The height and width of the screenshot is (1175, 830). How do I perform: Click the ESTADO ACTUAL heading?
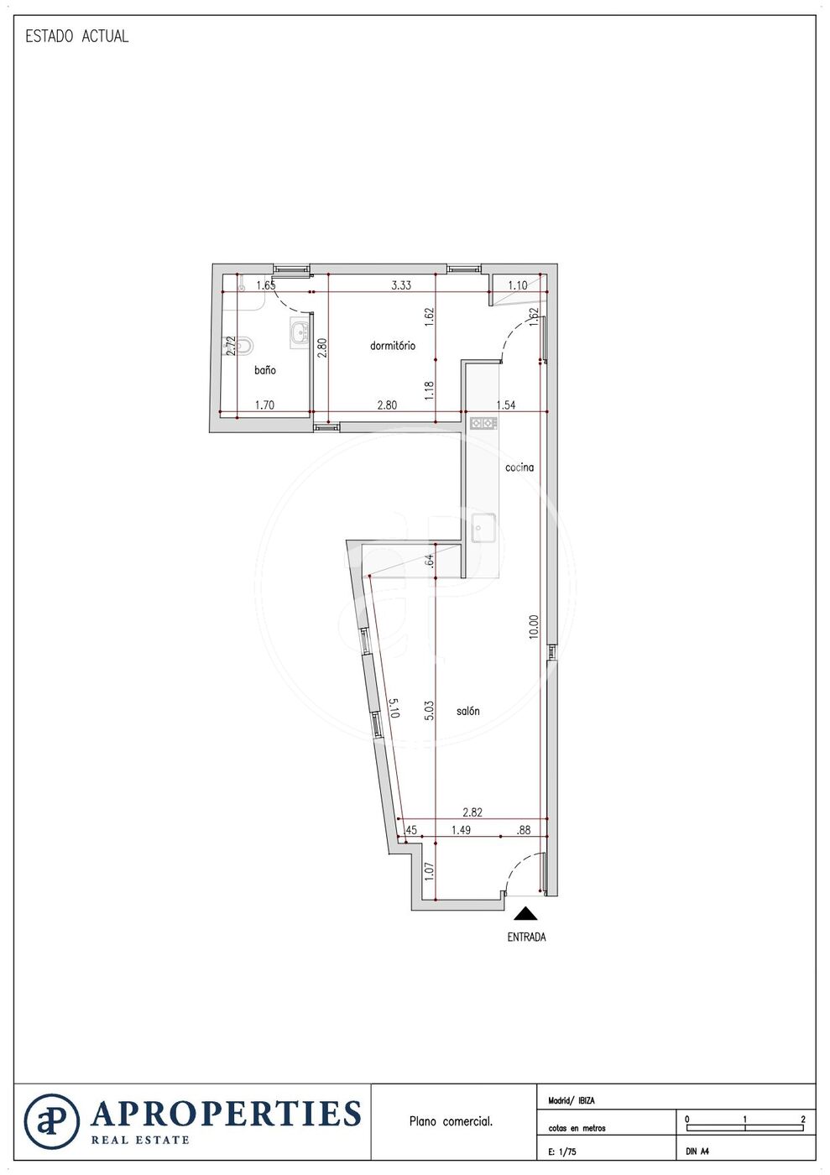77,36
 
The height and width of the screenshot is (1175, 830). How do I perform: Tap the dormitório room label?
393,345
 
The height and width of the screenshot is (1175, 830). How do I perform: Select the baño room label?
265,370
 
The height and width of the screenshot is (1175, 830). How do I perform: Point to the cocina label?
519,467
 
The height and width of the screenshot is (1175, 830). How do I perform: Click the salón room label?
468,711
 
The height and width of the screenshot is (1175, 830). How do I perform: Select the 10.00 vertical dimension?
534,626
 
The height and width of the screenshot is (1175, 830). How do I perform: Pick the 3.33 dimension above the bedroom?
401,285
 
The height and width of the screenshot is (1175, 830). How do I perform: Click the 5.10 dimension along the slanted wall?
394,708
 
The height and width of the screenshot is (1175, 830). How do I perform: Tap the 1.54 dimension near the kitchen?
506,405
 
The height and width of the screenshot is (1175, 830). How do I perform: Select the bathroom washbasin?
300,332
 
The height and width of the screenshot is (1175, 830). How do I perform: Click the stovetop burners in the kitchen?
483,422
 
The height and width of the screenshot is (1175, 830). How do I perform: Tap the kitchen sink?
483,528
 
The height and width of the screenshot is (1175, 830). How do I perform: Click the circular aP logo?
52,1121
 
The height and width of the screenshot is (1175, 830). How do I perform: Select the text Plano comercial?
451,1121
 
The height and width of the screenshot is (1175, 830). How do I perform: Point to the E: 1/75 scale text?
562,1151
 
